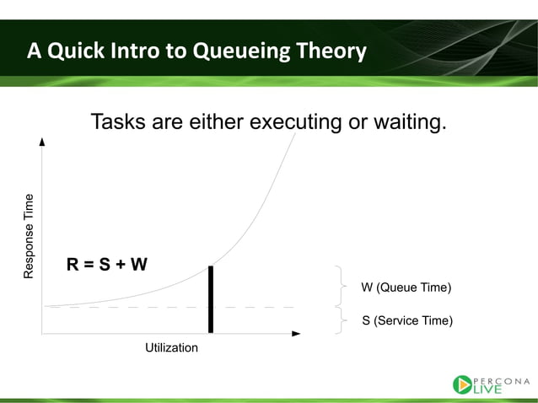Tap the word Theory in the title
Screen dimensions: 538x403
pyautogui.click(x=331, y=51)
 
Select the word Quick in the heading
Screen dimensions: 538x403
pyautogui.click(x=76, y=51)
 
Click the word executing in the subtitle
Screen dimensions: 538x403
pyautogui.click(x=295, y=121)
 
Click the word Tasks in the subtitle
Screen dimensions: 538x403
pyautogui.click(x=118, y=121)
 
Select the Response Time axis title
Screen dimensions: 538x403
pyautogui.click(x=29, y=236)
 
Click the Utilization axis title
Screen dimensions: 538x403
pyautogui.click(x=171, y=348)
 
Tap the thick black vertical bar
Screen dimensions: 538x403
pyautogui.click(x=211, y=299)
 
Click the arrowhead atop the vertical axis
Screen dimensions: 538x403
pyautogui.click(x=42, y=142)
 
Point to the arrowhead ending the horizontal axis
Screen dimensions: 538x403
pyautogui.click(x=296, y=333)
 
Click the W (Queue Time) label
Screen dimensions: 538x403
pyautogui.click(x=406, y=287)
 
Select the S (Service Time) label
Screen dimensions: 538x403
pyautogui.click(x=407, y=320)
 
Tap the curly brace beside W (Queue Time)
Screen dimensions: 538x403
pyautogui.click(x=342, y=286)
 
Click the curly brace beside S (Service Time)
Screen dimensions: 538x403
pyautogui.click(x=342, y=320)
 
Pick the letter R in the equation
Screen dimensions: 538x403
pyautogui.click(x=73, y=265)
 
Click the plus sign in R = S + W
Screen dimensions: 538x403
pyautogui.click(x=121, y=265)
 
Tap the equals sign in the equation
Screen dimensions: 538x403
pyautogui.click(x=89, y=265)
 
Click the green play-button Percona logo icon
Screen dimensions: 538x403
pyautogui.click(x=462, y=384)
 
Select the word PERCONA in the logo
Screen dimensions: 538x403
pyautogui.click(x=501, y=381)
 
